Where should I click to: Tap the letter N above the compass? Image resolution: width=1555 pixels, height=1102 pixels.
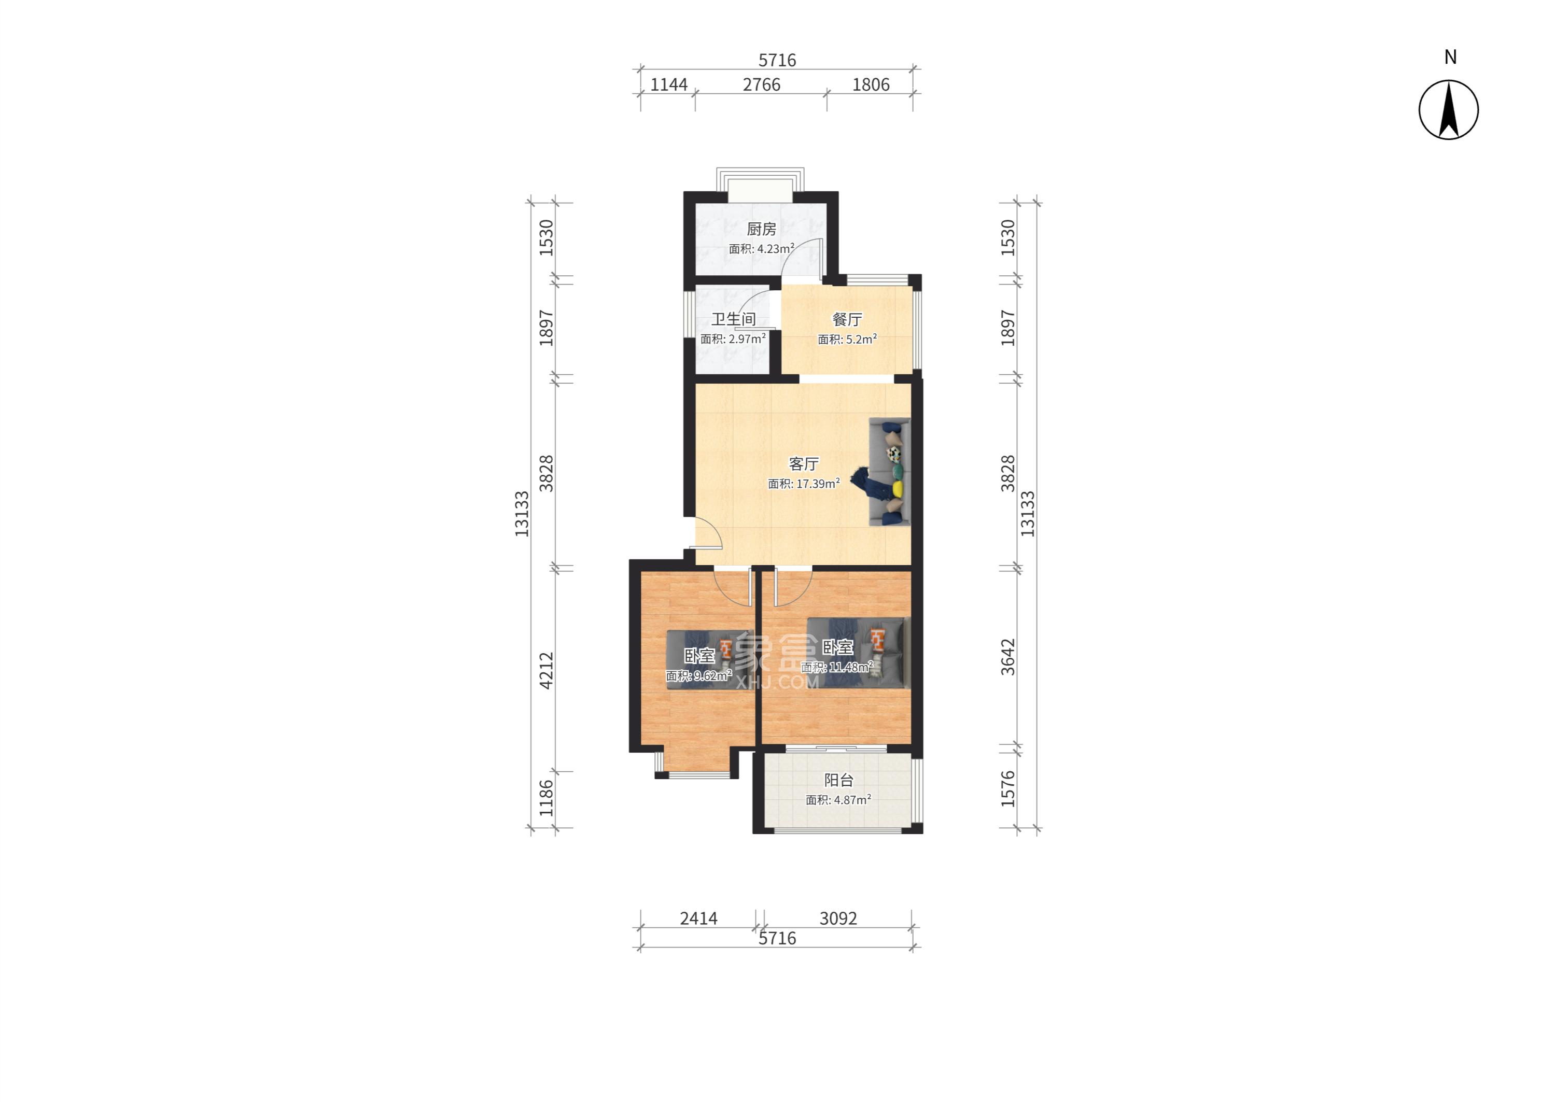(1450, 58)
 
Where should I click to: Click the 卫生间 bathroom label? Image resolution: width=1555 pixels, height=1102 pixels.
(733, 319)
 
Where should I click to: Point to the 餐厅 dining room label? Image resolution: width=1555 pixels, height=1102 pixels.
(847, 320)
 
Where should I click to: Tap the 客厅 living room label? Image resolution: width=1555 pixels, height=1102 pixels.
(804, 464)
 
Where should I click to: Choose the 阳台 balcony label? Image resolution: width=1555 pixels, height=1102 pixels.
(839, 780)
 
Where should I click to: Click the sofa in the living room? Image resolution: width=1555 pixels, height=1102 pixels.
(889, 472)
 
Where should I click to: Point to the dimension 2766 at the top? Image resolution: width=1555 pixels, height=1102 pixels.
(762, 85)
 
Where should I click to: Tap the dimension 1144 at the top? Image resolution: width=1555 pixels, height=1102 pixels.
(669, 85)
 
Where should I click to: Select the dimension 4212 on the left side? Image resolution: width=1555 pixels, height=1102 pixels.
(547, 671)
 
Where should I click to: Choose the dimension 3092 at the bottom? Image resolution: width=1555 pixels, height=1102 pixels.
(838, 919)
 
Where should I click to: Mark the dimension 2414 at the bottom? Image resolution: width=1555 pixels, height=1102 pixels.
(699, 919)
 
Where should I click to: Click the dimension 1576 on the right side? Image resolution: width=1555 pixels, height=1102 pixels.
(1008, 788)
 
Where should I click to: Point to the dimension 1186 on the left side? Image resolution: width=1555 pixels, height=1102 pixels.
(547, 798)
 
